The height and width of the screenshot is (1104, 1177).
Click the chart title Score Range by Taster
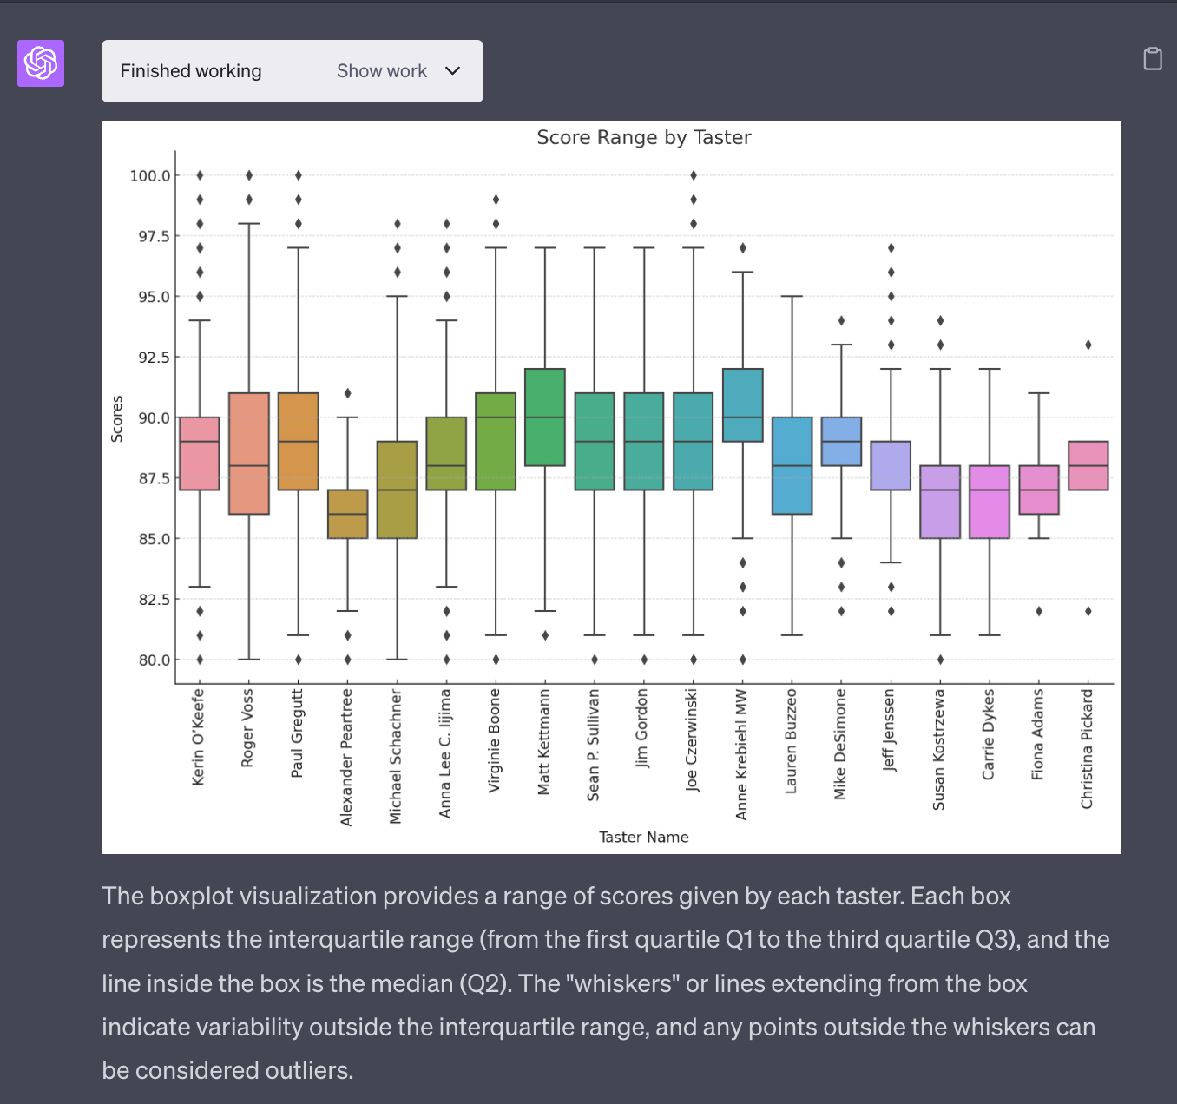coord(643,137)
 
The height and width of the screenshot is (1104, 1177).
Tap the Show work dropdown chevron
coord(452,71)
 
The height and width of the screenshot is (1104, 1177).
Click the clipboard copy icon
coord(1152,58)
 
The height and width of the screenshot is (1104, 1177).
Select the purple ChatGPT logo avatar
coord(41,63)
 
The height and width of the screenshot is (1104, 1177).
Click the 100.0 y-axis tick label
coord(149,175)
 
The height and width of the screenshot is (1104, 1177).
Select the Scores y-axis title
coord(116,418)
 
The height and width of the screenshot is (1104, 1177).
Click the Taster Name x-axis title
coord(643,837)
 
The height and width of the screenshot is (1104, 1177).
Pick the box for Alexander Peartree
coord(347,514)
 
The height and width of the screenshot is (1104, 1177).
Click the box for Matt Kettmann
coord(545,417)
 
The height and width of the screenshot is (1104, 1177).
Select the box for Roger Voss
coord(249,453)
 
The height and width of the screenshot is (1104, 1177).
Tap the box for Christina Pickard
coord(1088,465)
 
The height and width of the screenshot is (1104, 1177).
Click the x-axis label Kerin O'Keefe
coord(198,737)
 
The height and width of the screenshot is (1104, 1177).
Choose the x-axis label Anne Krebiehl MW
coord(741,753)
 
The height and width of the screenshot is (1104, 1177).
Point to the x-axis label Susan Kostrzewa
coord(938,749)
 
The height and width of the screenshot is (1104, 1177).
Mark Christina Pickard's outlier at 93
coord(1088,345)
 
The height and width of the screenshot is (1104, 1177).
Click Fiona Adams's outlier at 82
coord(1039,611)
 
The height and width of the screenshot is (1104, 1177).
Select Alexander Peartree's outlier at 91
coord(347,393)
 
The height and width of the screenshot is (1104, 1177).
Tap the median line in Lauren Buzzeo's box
coord(792,466)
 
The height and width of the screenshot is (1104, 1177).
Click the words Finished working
coord(191,71)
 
